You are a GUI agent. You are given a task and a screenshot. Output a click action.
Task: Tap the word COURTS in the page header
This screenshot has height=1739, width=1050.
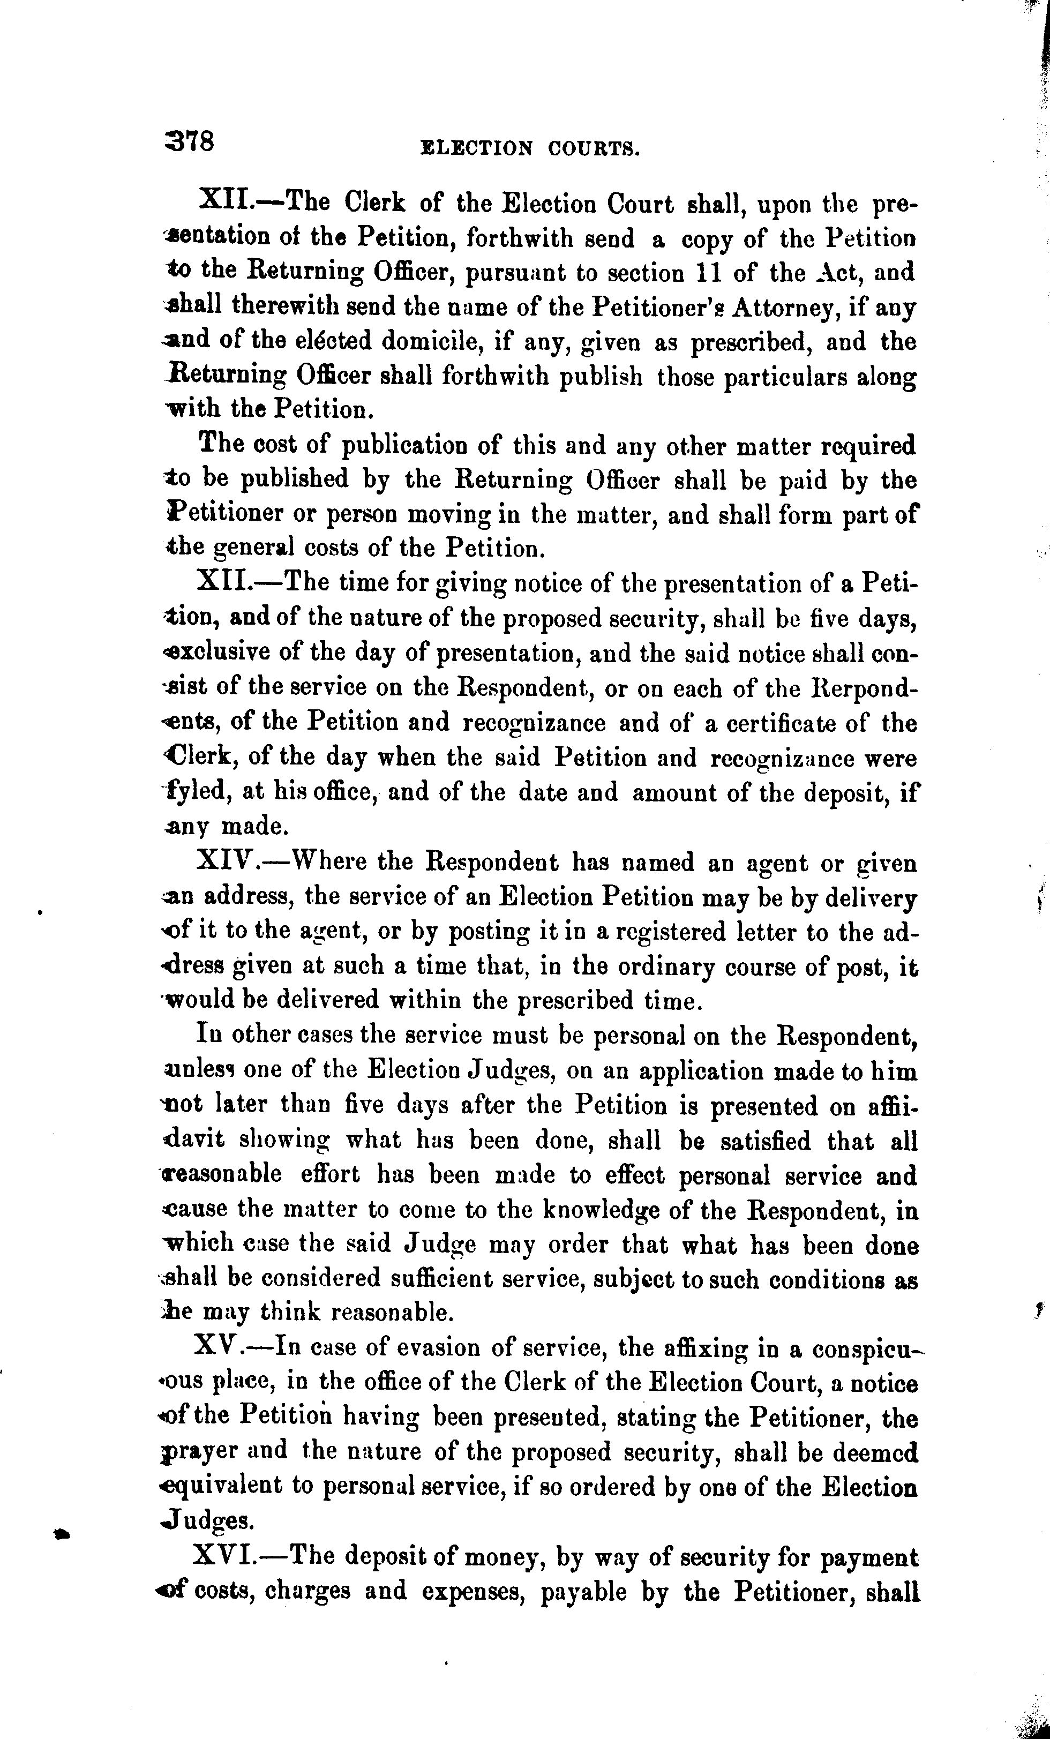[x=594, y=149]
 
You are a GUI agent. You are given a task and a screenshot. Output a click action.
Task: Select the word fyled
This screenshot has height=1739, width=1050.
[x=196, y=792]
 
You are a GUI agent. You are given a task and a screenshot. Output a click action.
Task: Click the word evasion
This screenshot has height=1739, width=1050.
[x=421, y=1348]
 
